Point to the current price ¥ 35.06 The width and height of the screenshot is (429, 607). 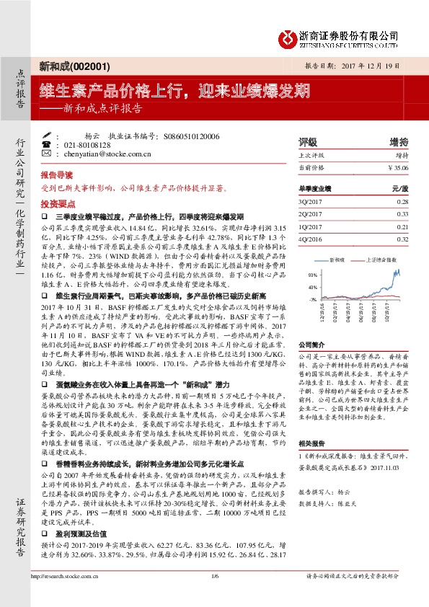(397, 167)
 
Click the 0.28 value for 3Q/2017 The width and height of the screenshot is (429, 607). (402, 203)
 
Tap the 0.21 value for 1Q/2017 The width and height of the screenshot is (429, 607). (402, 226)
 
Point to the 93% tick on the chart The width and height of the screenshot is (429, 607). (311, 275)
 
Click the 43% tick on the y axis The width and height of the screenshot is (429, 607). (311, 287)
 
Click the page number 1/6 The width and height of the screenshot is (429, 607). (213, 596)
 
